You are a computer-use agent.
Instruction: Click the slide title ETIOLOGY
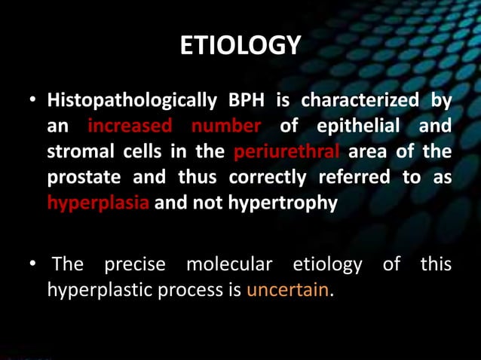(240, 47)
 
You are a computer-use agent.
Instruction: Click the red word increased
(129, 126)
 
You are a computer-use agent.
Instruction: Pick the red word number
(225, 126)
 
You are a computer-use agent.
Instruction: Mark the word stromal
(78, 151)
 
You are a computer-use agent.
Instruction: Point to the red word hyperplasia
(98, 203)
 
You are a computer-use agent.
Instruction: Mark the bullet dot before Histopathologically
(32, 101)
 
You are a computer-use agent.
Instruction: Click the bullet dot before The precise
(32, 266)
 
